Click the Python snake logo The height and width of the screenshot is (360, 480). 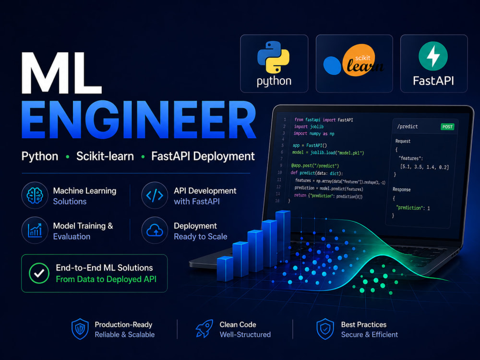[x=274, y=58]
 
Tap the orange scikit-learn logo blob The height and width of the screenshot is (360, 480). [x=359, y=60]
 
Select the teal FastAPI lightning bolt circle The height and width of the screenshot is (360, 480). [x=433, y=56]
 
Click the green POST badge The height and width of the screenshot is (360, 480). [x=447, y=127]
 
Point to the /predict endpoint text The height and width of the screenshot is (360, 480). [x=407, y=126]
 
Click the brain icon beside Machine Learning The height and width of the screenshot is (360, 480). [x=35, y=195]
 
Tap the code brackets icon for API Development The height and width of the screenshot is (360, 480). [x=155, y=195]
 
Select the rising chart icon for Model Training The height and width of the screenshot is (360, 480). [x=35, y=230]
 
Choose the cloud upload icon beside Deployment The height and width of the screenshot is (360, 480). [x=155, y=230]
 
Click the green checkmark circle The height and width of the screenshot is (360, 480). [x=39, y=274]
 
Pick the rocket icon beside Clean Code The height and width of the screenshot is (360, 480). [x=204, y=329]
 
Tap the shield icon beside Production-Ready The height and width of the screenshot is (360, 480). [x=80, y=329]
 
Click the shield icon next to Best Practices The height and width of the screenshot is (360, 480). [x=325, y=329]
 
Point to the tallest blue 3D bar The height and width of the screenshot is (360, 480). [x=283, y=236]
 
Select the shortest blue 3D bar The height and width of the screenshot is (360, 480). [x=225, y=269]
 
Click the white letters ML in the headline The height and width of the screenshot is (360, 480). [x=61, y=73]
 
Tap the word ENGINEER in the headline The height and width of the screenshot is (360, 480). [x=139, y=120]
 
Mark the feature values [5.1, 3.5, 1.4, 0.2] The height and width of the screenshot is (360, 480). [x=425, y=167]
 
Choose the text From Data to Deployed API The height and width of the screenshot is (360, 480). [x=106, y=279]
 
